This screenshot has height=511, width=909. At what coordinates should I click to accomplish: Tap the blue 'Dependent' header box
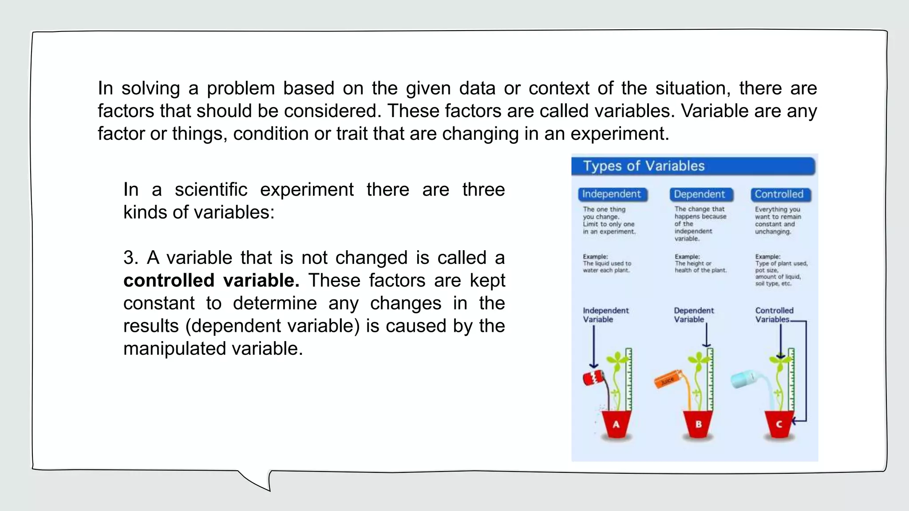(700, 194)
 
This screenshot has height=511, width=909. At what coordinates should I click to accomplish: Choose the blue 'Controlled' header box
(780, 194)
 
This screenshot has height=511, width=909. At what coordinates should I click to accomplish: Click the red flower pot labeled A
(616, 424)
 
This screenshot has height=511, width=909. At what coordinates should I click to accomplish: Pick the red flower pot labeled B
(698, 424)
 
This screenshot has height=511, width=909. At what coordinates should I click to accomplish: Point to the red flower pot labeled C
(779, 424)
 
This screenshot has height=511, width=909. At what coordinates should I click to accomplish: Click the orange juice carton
(667, 380)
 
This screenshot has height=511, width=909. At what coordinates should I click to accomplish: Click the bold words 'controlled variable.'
(211, 280)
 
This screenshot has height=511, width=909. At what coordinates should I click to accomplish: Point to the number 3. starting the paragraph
(131, 258)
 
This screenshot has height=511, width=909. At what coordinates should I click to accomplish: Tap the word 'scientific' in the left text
(211, 190)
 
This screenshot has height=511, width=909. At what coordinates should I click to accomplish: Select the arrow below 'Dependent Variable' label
(707, 335)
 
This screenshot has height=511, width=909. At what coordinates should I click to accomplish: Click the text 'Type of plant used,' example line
(781, 263)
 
